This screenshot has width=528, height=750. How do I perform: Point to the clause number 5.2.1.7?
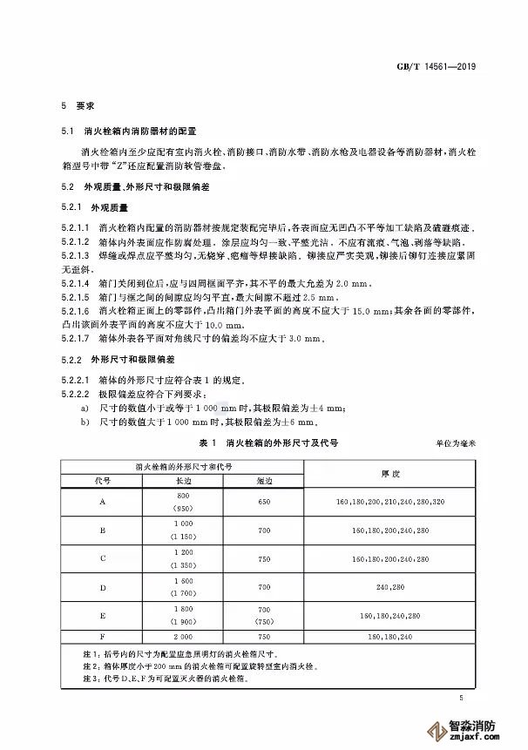pyautogui.click(x=77, y=337)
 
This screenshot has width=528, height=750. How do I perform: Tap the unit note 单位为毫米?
pyautogui.click(x=457, y=444)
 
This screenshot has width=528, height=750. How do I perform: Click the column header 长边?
pyautogui.click(x=183, y=480)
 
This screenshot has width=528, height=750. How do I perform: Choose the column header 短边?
pyautogui.click(x=263, y=480)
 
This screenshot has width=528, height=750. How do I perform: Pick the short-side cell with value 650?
pyautogui.click(x=263, y=502)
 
